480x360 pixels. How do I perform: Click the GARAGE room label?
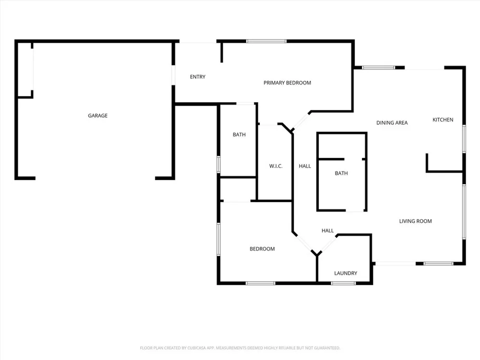(97, 115)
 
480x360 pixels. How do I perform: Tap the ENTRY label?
(197, 77)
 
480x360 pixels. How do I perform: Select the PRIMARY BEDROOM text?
(287, 83)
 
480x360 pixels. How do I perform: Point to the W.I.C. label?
(276, 166)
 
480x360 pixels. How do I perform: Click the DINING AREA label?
(392, 123)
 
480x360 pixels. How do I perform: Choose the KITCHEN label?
(443, 120)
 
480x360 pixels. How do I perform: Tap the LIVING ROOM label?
(415, 221)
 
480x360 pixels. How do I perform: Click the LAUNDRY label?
(346, 273)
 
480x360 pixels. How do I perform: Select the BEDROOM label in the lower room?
(262, 249)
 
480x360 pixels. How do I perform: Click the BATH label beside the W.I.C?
(239, 134)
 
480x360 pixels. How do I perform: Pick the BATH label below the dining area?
(341, 173)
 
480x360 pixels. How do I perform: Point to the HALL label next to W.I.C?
(305, 166)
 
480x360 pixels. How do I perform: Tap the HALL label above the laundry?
(327, 230)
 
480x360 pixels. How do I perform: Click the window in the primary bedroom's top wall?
(266, 41)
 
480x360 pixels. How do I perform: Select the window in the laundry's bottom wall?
(343, 283)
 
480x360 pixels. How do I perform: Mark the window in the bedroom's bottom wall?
(261, 283)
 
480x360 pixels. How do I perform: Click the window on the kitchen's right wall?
(464, 139)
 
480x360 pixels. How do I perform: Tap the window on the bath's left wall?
(218, 164)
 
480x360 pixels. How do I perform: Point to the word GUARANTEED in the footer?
(327, 348)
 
